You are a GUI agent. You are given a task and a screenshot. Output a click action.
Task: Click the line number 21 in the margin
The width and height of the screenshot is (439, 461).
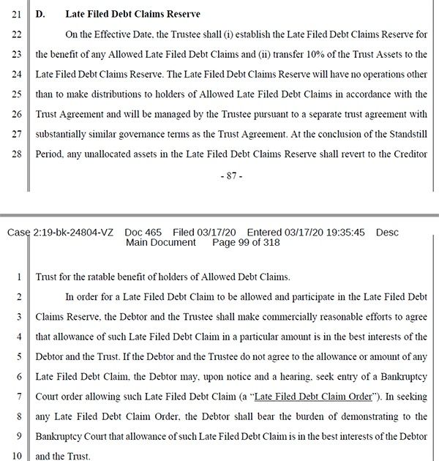(15, 14)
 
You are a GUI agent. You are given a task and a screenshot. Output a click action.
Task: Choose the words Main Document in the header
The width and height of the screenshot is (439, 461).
(161, 243)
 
